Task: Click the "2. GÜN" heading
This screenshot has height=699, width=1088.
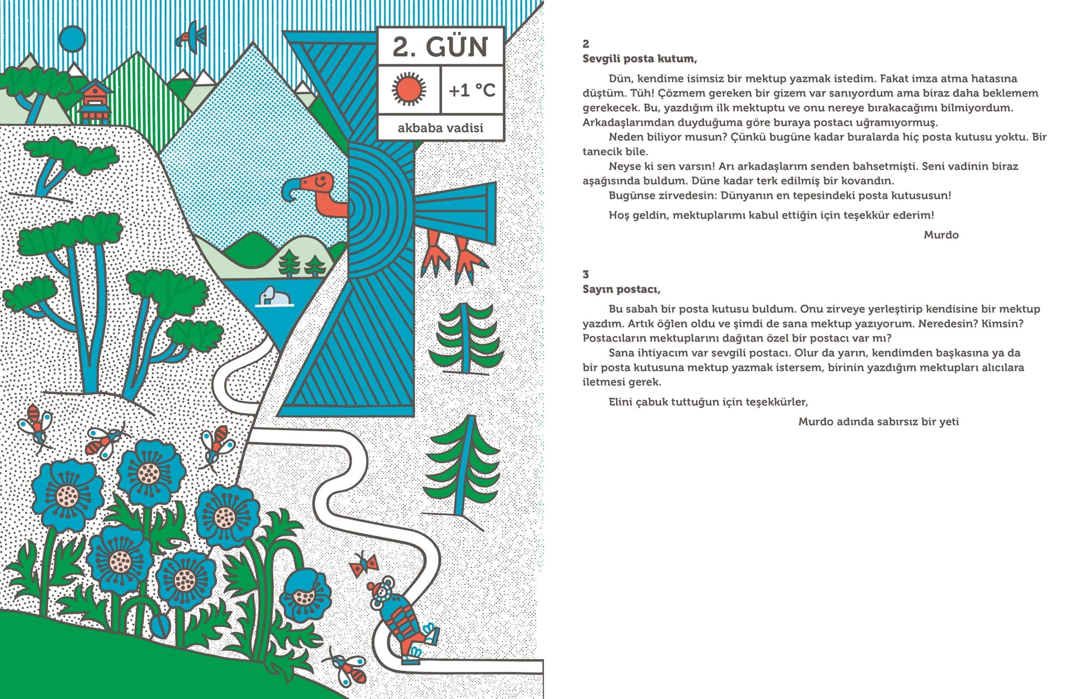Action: point(440,47)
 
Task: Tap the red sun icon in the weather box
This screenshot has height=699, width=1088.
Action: point(409,90)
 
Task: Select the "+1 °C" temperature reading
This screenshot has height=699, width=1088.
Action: point(472,91)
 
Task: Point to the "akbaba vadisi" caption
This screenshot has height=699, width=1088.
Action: point(440,128)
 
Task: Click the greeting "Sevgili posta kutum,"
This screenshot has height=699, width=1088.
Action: point(639,59)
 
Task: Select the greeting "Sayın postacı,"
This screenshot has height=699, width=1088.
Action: point(621,289)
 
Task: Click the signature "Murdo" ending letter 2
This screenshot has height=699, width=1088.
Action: point(941,235)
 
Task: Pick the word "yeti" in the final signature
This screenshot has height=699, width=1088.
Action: point(949,422)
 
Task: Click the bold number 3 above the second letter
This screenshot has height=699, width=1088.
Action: point(586,274)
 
